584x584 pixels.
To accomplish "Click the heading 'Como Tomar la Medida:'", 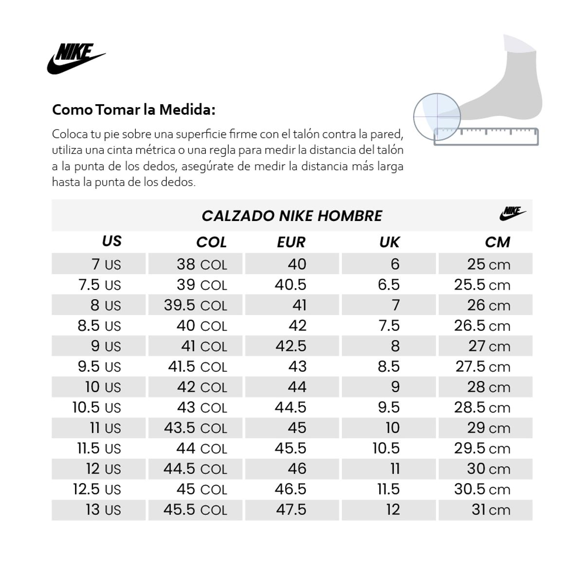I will tap(133, 109).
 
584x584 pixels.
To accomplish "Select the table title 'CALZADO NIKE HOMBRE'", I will tap(292, 216).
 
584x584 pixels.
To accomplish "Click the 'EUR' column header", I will tap(291, 242).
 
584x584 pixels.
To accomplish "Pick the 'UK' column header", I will tap(389, 242).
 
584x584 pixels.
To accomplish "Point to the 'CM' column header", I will tap(497, 242).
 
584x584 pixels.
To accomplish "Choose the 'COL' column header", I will tap(211, 242).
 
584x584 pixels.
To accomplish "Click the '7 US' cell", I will tap(106, 264).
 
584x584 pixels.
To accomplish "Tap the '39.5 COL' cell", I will tap(196, 305).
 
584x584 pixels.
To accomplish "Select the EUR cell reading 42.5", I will tap(291, 346).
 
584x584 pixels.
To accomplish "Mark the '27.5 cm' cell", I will tap(483, 366).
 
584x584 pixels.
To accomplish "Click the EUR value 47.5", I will tap(291, 510).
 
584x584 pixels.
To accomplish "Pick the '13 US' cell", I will tap(103, 510).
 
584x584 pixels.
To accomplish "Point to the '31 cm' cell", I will tap(491, 510).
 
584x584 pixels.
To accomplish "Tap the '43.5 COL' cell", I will tap(196, 428).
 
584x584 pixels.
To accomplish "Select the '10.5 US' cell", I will tap(97, 407).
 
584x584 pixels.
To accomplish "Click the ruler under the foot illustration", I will tap(486, 136).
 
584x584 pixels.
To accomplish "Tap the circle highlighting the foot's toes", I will tap(436, 116).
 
